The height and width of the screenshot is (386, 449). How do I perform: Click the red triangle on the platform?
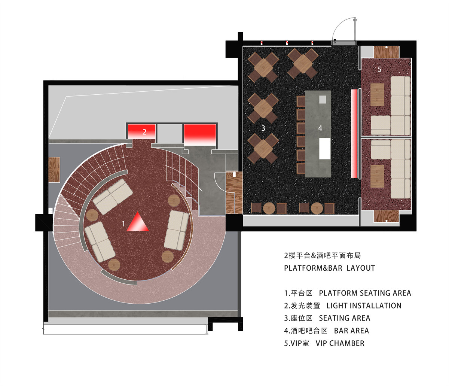click(138, 223)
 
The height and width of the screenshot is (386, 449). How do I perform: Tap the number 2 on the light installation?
click(144, 132)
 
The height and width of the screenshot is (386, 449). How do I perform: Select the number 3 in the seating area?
click(263, 128)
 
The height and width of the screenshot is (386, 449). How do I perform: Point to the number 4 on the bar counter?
click(320, 128)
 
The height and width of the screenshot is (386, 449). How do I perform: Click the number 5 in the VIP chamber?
click(379, 70)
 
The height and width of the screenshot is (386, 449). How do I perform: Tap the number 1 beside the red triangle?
click(123, 224)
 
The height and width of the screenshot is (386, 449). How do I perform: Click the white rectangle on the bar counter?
click(325, 149)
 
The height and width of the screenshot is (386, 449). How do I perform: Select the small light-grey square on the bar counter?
click(323, 100)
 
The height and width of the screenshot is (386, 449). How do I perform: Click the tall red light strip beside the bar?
click(354, 134)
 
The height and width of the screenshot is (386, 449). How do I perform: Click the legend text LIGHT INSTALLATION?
click(364, 306)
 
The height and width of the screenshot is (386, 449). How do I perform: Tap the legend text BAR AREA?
click(351, 331)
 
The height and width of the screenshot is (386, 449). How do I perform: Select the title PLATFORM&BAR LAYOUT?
click(330, 268)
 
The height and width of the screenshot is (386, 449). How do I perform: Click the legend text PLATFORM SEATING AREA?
click(365, 293)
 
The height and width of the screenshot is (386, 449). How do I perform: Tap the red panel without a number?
click(200, 135)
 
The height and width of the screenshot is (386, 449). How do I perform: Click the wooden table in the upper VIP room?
click(377, 95)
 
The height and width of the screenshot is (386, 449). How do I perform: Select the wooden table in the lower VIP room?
click(377, 176)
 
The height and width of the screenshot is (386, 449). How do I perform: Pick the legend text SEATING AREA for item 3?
click(345, 318)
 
